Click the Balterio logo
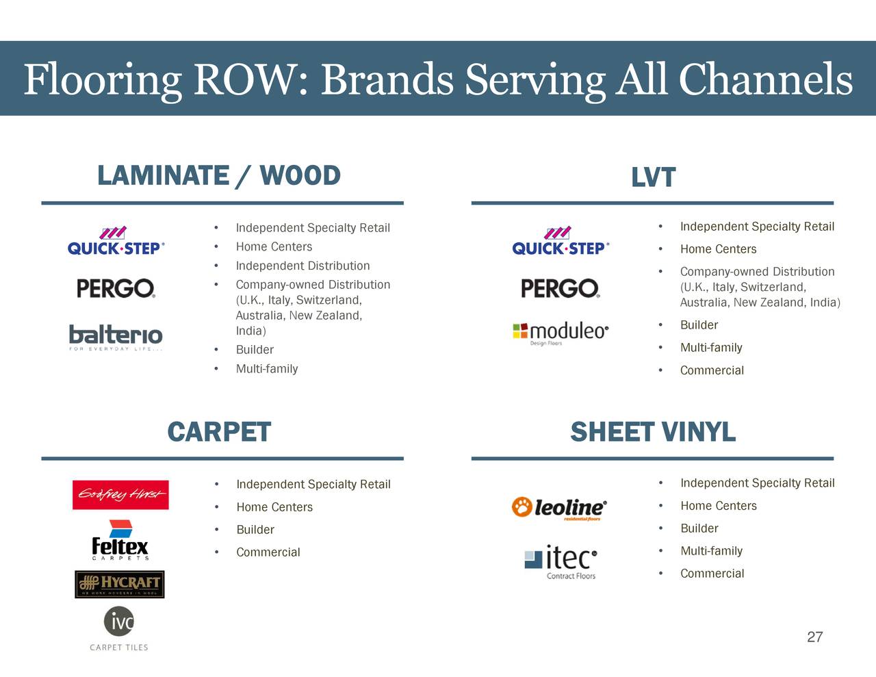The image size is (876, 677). (116, 336)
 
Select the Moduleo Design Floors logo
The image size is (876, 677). (561, 333)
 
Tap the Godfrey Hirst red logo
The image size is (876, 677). (120, 495)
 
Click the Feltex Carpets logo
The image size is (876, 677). (120, 541)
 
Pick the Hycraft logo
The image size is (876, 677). (120, 584)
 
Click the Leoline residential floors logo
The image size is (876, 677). (558, 508)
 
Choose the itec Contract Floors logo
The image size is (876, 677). (561, 561)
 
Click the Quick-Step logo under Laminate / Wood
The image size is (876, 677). (116, 242)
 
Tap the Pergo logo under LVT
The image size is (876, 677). (560, 288)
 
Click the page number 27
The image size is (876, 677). (814, 637)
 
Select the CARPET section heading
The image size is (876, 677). (219, 433)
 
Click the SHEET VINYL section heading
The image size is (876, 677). (652, 433)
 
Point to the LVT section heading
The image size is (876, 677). (653, 177)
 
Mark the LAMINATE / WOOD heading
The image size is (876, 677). (219, 176)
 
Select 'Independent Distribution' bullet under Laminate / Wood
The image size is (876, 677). (302, 266)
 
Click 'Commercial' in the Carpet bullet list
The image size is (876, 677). (268, 552)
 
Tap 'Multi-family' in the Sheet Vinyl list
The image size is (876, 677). (711, 551)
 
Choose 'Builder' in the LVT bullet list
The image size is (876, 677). (699, 325)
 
